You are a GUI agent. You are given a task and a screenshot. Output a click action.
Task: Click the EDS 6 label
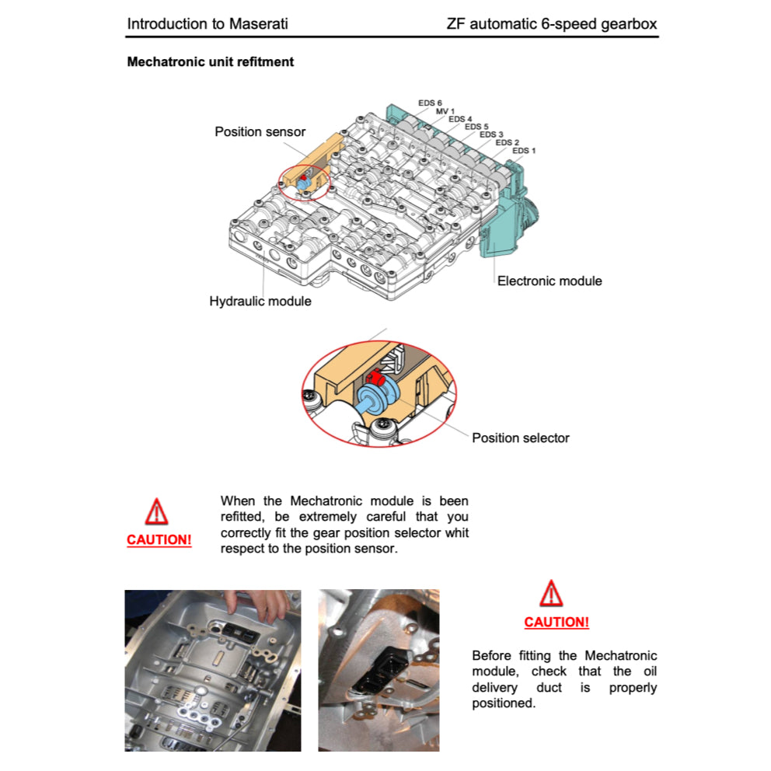[x=430, y=103]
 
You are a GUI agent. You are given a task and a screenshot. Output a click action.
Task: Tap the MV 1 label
[x=445, y=111]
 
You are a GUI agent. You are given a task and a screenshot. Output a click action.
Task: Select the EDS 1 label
[x=524, y=150]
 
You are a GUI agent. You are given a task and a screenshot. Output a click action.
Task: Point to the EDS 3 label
[x=491, y=134]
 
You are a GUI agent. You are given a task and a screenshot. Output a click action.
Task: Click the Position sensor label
[x=260, y=132]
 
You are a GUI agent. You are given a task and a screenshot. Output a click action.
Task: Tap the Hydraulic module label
[x=260, y=301]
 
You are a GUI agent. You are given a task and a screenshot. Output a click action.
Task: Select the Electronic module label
[x=549, y=281]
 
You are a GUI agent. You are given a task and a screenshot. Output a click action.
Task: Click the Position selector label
[x=520, y=438]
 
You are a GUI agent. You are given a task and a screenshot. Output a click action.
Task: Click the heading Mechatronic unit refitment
[x=210, y=61]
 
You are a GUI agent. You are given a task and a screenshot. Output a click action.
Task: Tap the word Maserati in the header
[x=258, y=23]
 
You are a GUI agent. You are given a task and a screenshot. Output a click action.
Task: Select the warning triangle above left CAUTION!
[x=157, y=512]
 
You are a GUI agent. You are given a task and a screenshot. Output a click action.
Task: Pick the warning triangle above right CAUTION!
[x=551, y=594]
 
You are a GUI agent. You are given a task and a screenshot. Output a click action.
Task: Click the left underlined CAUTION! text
[x=159, y=540]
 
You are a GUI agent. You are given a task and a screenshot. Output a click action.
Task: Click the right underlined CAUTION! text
[x=556, y=622]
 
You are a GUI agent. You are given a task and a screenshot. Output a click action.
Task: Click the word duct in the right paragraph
[x=550, y=688]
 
